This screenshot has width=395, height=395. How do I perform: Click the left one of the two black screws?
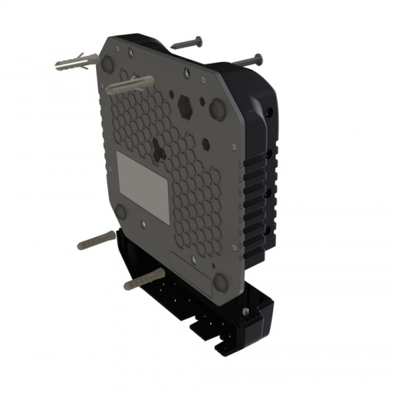click(x=186, y=44)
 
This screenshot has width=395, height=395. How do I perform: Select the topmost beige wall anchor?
click(x=78, y=63)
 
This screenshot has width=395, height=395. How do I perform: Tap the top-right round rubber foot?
click(x=217, y=109)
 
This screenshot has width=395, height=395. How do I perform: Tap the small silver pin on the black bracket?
click(x=246, y=311)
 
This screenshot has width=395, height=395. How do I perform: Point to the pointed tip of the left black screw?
click(x=172, y=47)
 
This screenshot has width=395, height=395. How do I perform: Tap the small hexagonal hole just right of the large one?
click(x=206, y=142)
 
